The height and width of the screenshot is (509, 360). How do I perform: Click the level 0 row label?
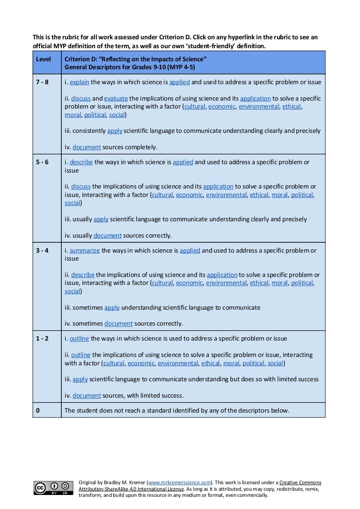[38, 411]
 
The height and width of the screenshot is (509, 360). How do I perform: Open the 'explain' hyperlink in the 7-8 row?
[80, 82]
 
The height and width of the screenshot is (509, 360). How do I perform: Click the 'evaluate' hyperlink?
[116, 99]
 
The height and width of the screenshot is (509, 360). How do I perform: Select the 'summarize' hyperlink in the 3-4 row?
[85, 251]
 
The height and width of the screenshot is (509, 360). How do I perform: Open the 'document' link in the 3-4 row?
[118, 323]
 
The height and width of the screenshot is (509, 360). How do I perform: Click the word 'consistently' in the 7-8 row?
[89, 131]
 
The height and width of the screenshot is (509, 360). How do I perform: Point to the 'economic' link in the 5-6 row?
[190, 195]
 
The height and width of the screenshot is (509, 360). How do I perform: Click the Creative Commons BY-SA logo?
[53, 487]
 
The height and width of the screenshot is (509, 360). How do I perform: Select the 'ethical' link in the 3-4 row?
[259, 283]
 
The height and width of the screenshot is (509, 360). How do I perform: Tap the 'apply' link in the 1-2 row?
[80, 379]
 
